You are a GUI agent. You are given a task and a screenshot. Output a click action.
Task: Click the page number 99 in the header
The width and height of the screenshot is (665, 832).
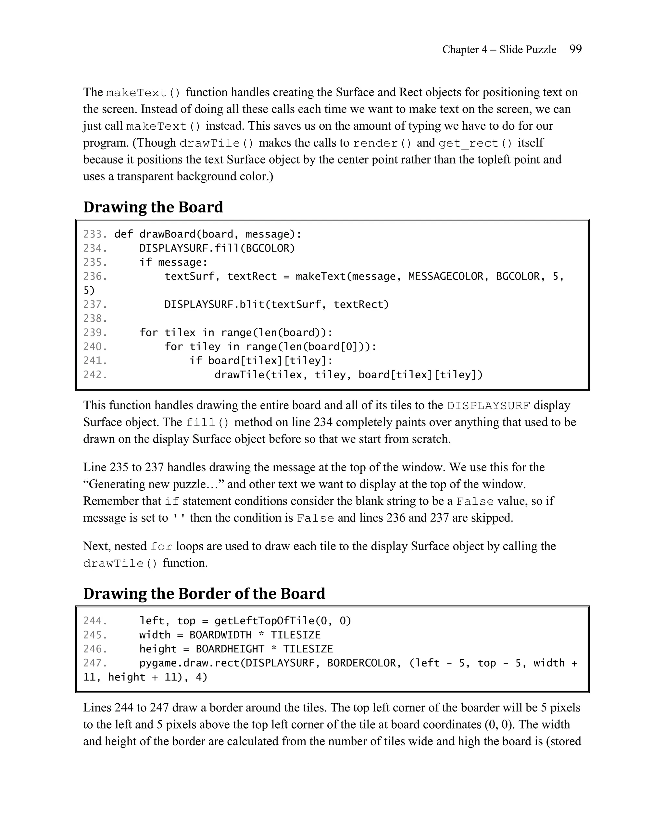coord(575,49)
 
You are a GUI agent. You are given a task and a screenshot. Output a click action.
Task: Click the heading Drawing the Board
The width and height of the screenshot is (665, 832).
coord(153,207)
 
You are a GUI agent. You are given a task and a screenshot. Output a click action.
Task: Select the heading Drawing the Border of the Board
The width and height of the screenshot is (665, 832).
coord(204,593)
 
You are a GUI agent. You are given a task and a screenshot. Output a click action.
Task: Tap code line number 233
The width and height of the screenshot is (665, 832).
coord(95,234)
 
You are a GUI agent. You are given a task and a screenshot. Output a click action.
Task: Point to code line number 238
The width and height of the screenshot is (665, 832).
coord(95,318)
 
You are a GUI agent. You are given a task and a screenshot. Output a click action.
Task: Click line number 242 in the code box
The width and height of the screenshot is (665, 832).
coord(95,375)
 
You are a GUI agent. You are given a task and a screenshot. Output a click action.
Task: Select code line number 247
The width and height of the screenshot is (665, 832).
coord(95,663)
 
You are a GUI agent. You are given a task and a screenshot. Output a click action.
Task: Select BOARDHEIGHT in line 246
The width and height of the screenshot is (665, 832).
coord(230,649)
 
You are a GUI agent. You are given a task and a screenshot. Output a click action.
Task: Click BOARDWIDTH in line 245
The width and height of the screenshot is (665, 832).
coord(220,635)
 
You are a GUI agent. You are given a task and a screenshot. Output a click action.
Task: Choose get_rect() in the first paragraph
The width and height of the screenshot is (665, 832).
coord(475,143)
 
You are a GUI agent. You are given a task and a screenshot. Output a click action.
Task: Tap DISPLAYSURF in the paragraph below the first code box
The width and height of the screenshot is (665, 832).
coord(488,406)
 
